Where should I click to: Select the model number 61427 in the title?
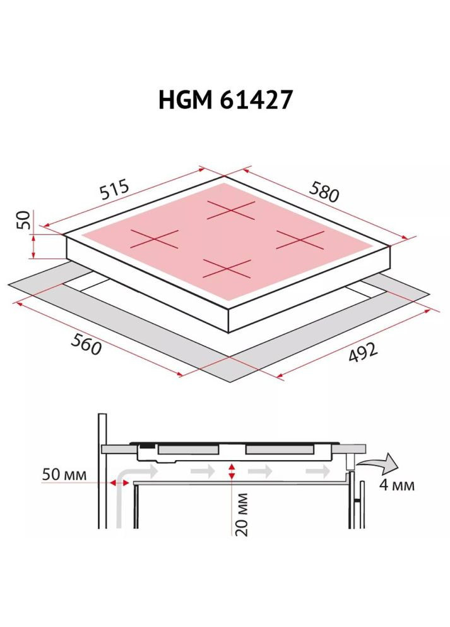[259, 100]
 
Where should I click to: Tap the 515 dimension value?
[115, 191]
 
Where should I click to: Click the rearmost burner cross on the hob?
[231, 210]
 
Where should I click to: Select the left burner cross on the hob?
[155, 239]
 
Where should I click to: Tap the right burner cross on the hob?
[299, 240]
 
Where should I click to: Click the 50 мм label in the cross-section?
[64, 474]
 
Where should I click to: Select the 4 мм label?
[397, 485]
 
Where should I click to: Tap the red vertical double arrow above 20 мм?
[232, 472]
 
